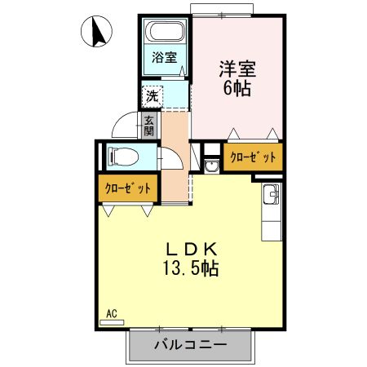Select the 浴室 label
click(x=165, y=58)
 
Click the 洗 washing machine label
click(x=152, y=96)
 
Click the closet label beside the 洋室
click(x=252, y=157)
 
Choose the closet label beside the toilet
click(x=128, y=188)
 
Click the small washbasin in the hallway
click(x=211, y=166)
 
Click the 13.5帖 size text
click(x=192, y=268)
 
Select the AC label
click(x=112, y=312)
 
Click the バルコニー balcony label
click(x=190, y=346)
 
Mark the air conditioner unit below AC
click(x=111, y=322)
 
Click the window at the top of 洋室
click(x=223, y=11)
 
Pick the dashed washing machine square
click(x=152, y=96)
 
